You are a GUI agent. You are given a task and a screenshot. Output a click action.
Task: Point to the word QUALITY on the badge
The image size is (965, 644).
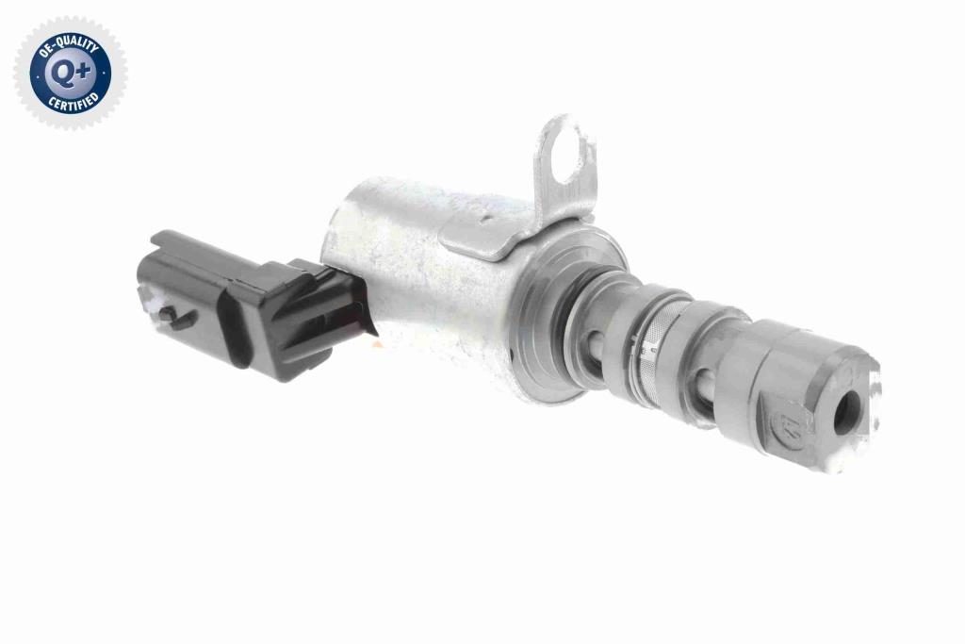click(76, 45)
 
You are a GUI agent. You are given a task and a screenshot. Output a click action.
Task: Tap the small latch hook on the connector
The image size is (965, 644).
click(176, 317)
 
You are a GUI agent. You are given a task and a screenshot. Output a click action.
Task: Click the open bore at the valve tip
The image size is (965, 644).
click(847, 412)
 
